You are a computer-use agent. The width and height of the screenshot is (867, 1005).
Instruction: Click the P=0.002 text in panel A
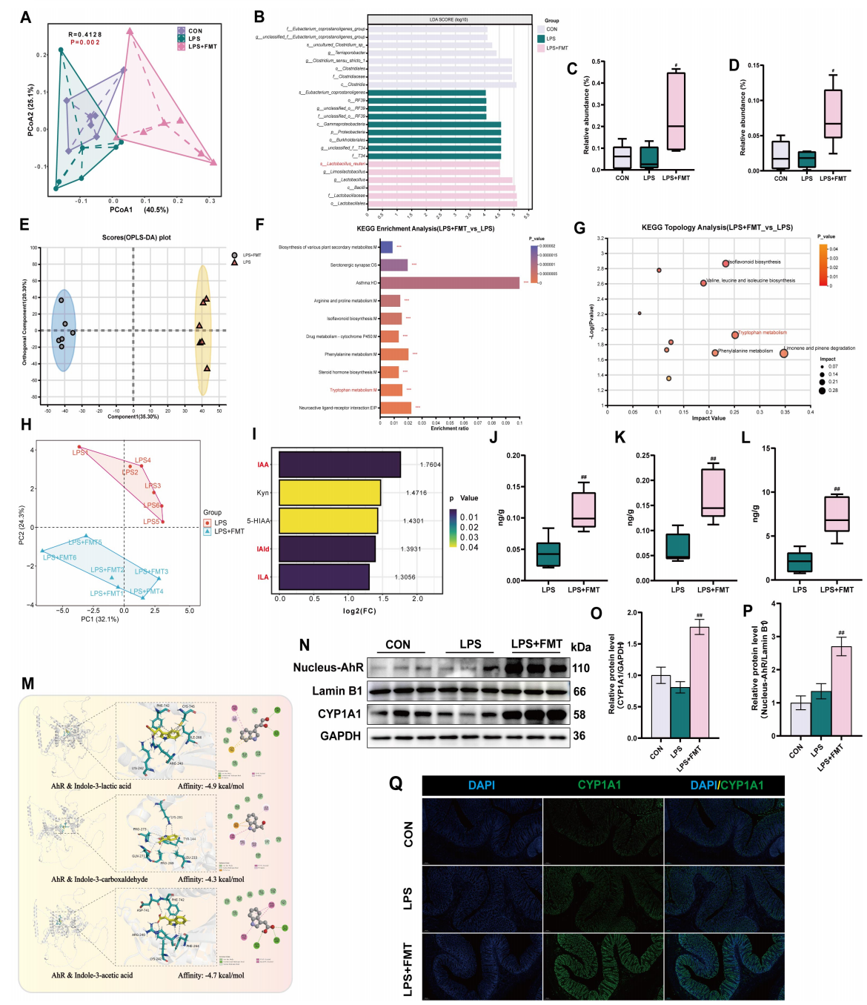click(x=84, y=42)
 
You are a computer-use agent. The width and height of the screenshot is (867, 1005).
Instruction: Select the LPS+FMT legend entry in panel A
click(x=202, y=47)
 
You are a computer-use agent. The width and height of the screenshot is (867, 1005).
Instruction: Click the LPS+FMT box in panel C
click(x=676, y=111)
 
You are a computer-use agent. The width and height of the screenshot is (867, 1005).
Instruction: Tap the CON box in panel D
click(x=780, y=155)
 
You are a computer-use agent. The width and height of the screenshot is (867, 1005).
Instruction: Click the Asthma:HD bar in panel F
click(x=449, y=283)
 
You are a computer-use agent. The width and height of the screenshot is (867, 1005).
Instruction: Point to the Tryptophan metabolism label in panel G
click(x=763, y=333)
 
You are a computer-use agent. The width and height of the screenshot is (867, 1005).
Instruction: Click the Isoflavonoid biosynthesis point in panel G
click(x=725, y=263)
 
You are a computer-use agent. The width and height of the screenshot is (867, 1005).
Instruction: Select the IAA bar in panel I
click(x=339, y=465)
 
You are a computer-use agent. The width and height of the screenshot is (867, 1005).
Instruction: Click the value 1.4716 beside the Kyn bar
click(x=416, y=493)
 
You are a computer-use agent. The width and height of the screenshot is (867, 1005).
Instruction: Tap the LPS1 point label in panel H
click(x=80, y=452)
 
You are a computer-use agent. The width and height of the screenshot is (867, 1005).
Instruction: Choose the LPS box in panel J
click(x=548, y=554)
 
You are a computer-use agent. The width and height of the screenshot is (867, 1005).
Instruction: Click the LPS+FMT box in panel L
click(x=837, y=514)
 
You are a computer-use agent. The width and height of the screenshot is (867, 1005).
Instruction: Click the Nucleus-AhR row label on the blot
click(x=328, y=668)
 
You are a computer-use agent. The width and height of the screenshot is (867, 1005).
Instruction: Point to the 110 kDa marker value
click(x=580, y=669)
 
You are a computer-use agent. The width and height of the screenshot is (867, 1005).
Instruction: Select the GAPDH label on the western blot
click(x=340, y=736)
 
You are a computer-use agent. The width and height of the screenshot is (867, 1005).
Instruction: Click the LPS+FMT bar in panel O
click(x=699, y=683)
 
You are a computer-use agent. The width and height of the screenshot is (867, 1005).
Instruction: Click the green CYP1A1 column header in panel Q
click(x=599, y=785)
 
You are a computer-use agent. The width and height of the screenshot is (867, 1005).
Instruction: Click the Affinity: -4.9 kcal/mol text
click(x=210, y=786)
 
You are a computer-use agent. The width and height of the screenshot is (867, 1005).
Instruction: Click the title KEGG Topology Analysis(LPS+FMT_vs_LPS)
click(x=717, y=228)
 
